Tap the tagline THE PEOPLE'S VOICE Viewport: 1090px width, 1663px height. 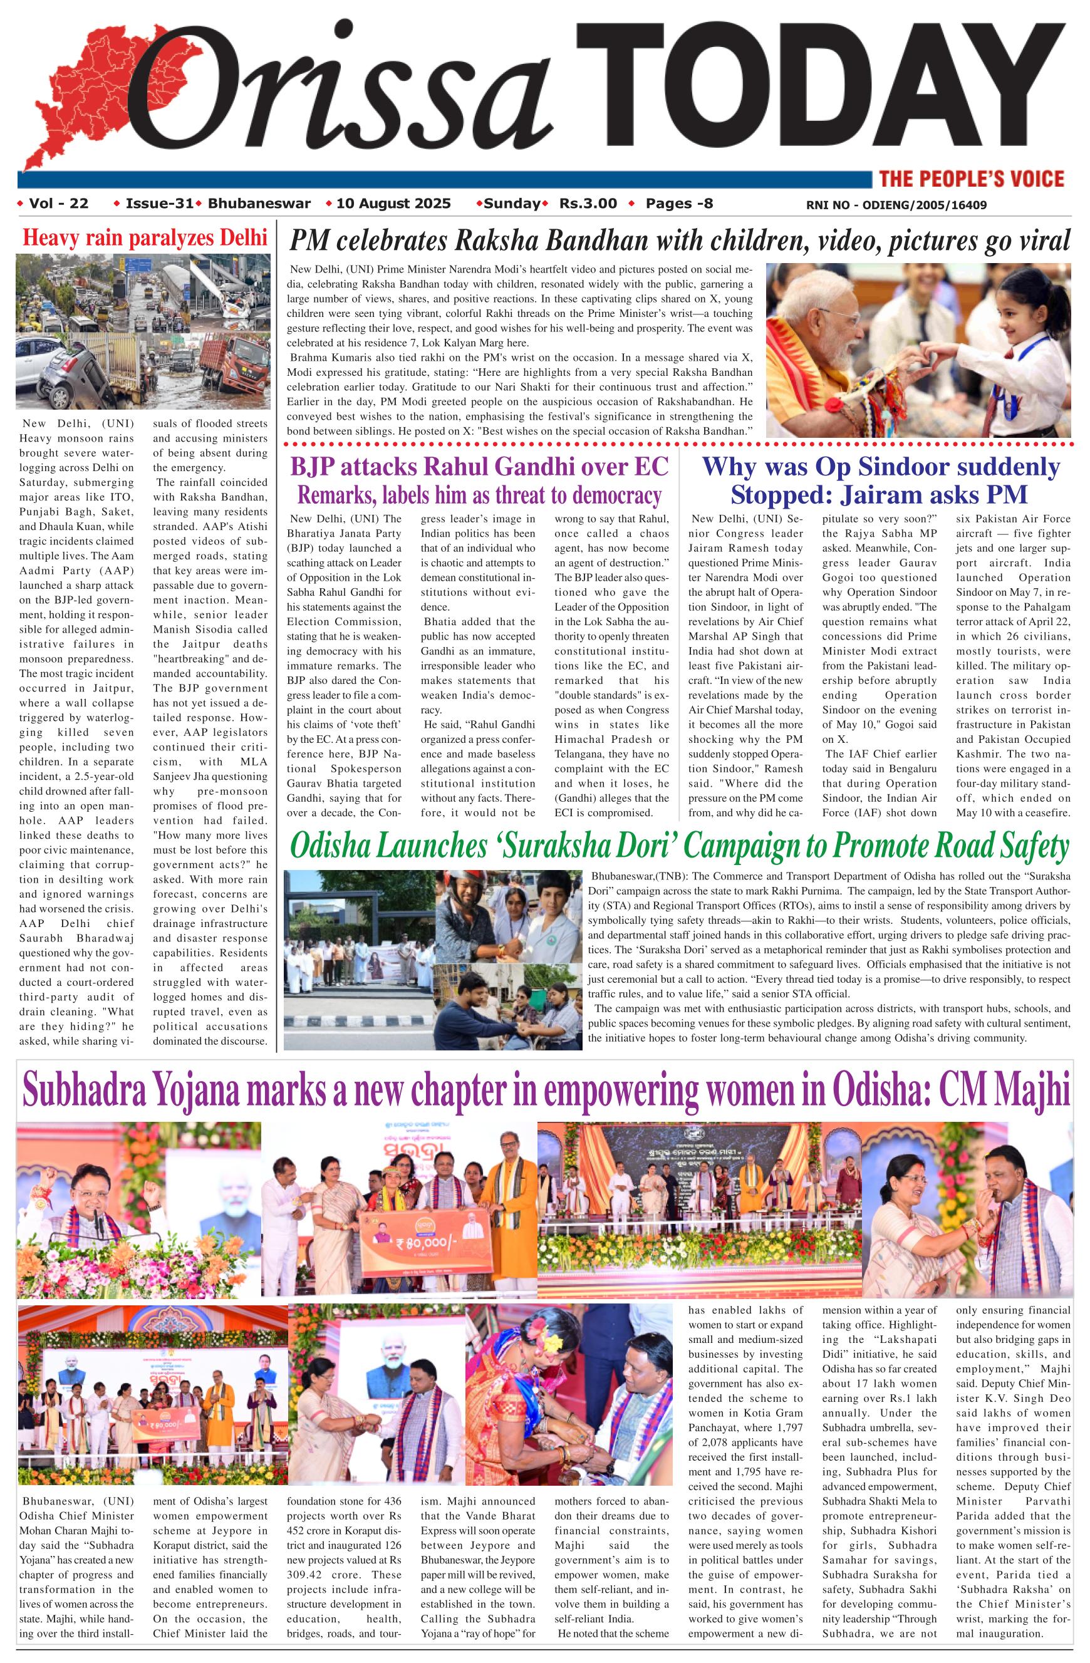[971, 179]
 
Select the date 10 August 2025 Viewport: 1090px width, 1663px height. [393, 204]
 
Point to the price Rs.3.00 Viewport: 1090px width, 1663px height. [588, 204]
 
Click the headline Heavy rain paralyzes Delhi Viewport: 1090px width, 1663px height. [145, 237]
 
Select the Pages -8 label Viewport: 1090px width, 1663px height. [678, 204]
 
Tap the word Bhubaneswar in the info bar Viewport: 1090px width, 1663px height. [259, 204]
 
